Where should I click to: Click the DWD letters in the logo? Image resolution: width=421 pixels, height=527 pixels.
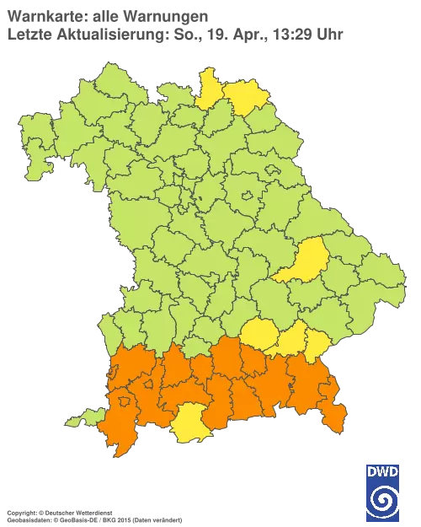383,471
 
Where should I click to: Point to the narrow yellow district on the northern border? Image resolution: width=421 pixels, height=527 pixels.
209,89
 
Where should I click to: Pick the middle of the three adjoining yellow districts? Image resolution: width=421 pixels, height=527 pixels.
290,341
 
